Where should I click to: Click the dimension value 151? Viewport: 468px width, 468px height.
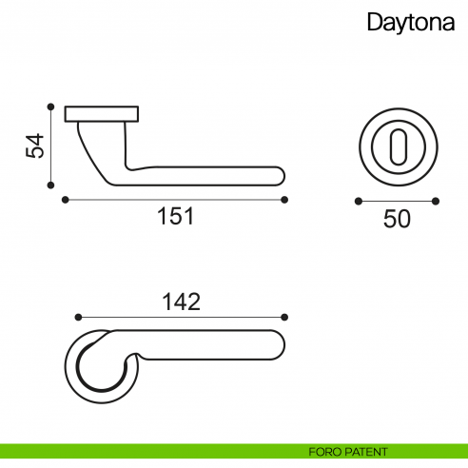pyautogui.click(x=175, y=216)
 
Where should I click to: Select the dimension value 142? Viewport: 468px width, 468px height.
pyautogui.click(x=181, y=302)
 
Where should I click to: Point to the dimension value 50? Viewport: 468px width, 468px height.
pyautogui.click(x=397, y=219)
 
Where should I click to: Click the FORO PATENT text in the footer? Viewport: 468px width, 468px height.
pyautogui.click(x=348, y=451)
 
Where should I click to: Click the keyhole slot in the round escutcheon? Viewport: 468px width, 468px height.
pyautogui.click(x=397, y=147)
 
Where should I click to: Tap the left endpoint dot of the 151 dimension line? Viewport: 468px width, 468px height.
pyautogui.click(x=64, y=200)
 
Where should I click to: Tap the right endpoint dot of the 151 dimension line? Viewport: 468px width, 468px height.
pyautogui.click(x=285, y=200)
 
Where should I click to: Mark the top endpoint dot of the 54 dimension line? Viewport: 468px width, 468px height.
pyautogui.click(x=49, y=106)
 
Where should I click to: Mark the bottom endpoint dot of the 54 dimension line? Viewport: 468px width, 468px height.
pyautogui.click(x=49, y=185)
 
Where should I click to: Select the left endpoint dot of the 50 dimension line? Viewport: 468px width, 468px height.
pyautogui.click(x=358, y=201)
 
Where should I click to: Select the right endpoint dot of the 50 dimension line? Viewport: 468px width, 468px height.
pyautogui.click(x=436, y=201)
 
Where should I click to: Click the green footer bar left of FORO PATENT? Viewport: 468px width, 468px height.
pyautogui.click(x=143, y=451)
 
